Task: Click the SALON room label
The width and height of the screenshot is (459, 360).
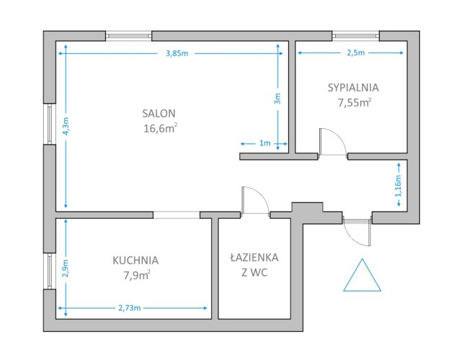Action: (x=159, y=114)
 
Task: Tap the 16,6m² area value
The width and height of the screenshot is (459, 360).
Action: (x=160, y=128)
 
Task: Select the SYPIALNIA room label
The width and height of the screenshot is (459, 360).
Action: (x=353, y=88)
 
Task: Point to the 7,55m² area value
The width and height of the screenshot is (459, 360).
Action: (x=355, y=103)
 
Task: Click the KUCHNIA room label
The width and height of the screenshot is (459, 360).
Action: (x=135, y=260)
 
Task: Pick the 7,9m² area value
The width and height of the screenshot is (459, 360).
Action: (x=137, y=275)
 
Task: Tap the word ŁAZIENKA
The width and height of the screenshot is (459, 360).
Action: (x=254, y=257)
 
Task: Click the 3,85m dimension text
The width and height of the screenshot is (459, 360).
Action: (x=177, y=53)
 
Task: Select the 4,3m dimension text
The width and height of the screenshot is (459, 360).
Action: (x=66, y=126)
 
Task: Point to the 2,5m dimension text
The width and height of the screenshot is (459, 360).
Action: (x=356, y=53)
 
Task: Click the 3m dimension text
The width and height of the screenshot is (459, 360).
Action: (x=277, y=99)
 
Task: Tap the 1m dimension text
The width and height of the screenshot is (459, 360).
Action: (x=265, y=143)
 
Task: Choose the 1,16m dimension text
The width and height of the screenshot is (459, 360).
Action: (x=398, y=186)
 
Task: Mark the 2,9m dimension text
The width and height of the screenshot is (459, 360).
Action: (x=66, y=268)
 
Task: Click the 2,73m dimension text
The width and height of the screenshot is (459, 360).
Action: (x=130, y=308)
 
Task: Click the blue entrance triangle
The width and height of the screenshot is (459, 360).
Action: (x=362, y=275)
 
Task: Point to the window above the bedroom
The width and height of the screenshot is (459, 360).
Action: (x=356, y=36)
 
